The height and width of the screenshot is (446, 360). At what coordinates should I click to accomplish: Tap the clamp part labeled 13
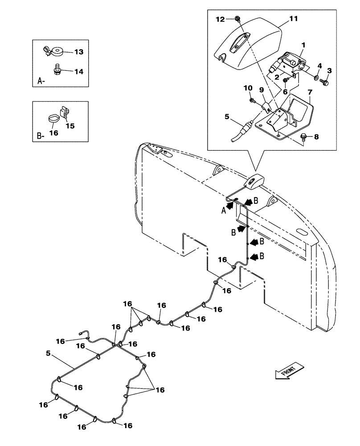(49, 52)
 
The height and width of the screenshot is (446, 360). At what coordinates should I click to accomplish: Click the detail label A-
(41, 82)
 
